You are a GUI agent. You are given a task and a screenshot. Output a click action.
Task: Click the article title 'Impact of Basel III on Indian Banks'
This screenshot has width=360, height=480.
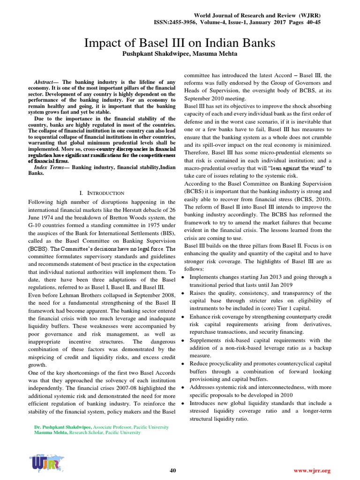(x=180, y=44)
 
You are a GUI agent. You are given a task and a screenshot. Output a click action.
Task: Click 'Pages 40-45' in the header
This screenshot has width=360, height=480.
(x=300, y=22)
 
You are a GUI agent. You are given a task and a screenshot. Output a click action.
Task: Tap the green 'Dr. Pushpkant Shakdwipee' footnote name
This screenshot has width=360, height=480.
(x=63, y=427)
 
